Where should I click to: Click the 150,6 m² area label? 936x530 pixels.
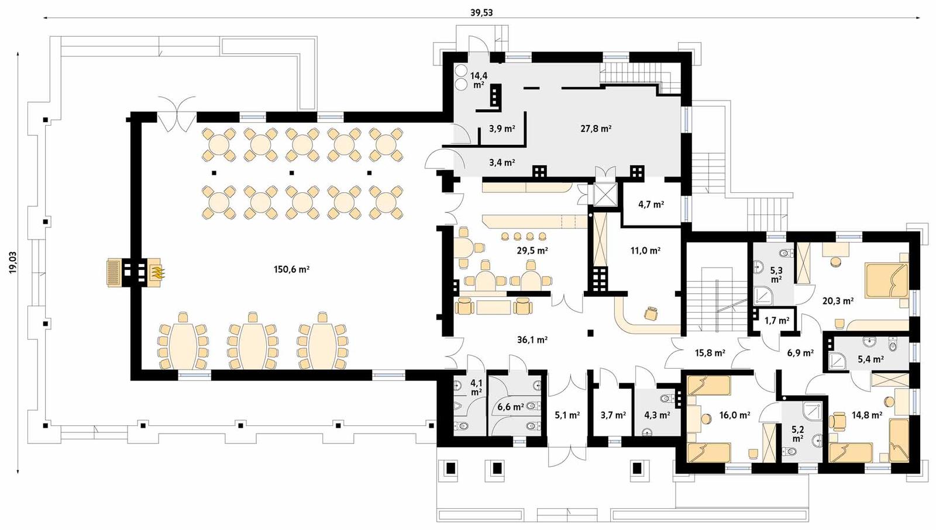tap(291, 269)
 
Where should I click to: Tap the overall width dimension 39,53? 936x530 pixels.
tap(481, 12)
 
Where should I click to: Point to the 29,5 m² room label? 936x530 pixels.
tap(532, 251)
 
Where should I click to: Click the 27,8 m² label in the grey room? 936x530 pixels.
tap(596, 129)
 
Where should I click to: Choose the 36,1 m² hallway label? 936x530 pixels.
tap(532, 340)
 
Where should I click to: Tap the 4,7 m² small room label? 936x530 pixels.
tap(651, 205)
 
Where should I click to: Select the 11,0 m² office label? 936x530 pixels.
tap(645, 251)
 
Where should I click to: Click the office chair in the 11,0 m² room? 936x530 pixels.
tap(651, 314)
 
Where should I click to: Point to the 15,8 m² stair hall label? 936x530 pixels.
tap(710, 353)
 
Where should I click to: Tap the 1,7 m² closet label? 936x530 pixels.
tap(777, 321)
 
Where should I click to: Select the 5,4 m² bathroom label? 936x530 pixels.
tap(870, 359)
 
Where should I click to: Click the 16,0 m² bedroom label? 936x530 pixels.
tap(734, 415)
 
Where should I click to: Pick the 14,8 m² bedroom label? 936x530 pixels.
tap(866, 415)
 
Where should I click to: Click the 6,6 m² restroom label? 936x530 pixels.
tap(510, 407)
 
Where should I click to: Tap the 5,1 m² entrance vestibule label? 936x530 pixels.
tap(567, 415)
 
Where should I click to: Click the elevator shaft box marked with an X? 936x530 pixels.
tap(605, 194)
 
